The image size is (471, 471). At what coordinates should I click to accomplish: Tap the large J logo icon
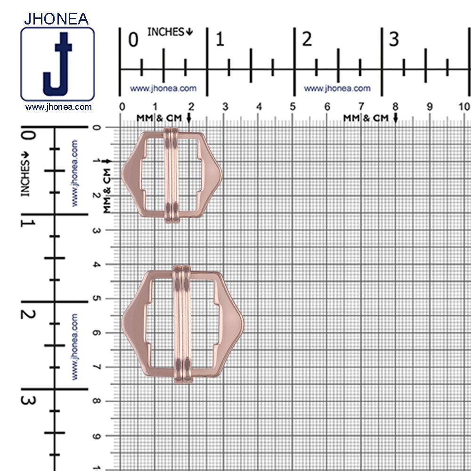57,65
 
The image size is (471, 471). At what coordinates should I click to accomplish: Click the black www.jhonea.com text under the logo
58,107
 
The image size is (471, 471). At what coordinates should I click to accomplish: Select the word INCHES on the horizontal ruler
166,32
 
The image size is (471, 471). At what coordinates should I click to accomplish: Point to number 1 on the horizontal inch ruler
219,40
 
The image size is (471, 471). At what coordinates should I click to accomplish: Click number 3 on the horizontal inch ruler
393,40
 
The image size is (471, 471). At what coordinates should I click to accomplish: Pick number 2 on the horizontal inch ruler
307,40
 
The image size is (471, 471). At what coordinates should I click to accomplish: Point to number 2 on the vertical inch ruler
29,313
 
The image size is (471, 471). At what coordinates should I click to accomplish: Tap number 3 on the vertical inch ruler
29,400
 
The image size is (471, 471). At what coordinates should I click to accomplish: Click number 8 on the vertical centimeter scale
97,401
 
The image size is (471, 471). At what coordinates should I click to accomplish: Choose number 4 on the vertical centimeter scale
97,264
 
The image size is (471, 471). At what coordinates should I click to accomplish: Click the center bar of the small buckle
171,174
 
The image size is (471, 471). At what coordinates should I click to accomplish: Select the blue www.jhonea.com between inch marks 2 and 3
337,88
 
